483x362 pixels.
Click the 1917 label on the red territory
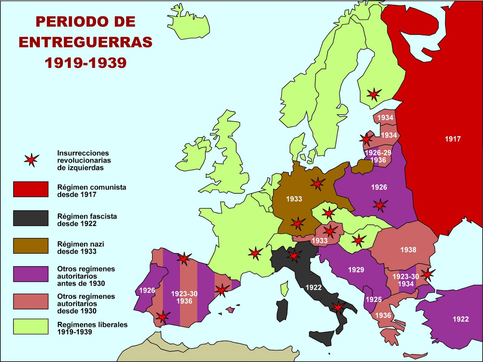(453, 139)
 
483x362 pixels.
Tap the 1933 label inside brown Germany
(294, 199)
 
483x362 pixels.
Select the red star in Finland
(374, 94)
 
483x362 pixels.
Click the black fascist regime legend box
(31, 218)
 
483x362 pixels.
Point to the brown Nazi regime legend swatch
(31, 246)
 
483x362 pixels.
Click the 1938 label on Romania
(408, 250)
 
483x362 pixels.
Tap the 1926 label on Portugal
(147, 290)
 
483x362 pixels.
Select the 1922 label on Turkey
(460, 319)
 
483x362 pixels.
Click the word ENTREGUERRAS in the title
(85, 42)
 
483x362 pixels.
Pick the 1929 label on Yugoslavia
(356, 270)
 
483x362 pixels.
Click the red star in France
(255, 253)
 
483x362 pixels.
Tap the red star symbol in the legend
(31, 160)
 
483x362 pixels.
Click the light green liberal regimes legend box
(31, 326)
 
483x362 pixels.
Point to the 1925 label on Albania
(374, 299)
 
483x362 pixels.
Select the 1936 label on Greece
(383, 315)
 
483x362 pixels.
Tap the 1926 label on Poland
(379, 187)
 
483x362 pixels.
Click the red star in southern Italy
(338, 307)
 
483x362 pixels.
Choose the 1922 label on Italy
(313, 287)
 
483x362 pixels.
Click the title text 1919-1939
(85, 63)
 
